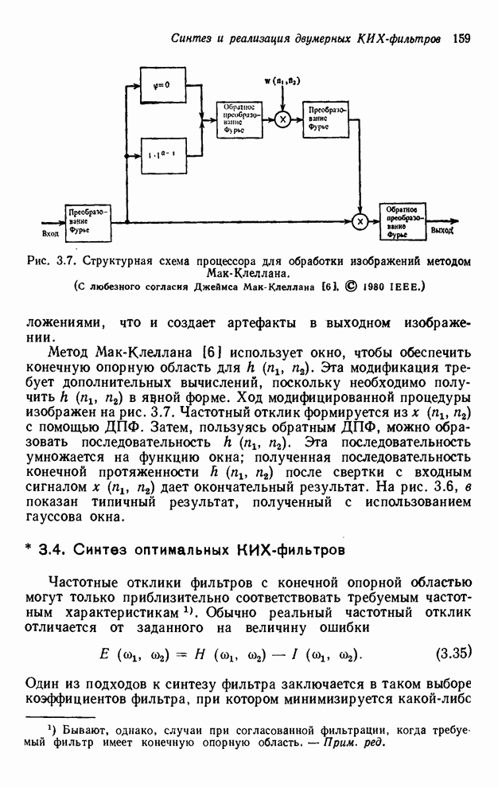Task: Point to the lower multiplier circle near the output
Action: pos(360,222)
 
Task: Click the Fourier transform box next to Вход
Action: pos(85,222)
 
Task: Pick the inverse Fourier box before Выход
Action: pos(402,221)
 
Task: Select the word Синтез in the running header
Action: pos(193,37)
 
